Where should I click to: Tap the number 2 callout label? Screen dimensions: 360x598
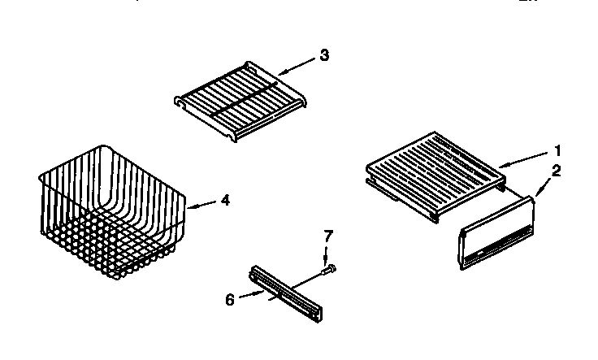coord(557,171)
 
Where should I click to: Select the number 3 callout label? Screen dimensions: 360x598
coord(324,55)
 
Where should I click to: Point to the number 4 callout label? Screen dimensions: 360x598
coord(225,199)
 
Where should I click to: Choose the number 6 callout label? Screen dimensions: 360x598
coord(229,299)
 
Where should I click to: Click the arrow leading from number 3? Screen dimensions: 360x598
coord(296,65)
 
